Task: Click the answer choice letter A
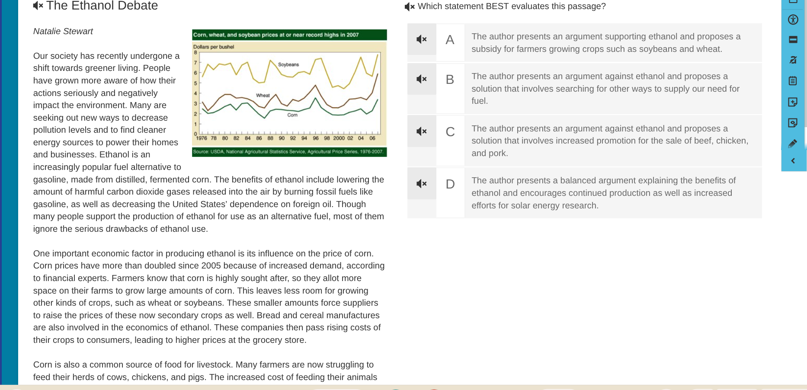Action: point(450,40)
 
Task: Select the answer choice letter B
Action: point(450,80)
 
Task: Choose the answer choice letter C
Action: point(450,132)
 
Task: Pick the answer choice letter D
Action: point(450,184)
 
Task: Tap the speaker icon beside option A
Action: point(422,39)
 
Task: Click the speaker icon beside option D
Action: point(422,184)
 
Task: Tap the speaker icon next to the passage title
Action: point(38,6)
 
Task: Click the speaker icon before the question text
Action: point(410,6)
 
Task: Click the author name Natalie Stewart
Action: point(63,31)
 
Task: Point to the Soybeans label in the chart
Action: point(288,64)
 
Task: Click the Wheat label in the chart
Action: point(263,96)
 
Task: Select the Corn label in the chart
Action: point(292,115)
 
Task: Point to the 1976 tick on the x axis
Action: point(202,138)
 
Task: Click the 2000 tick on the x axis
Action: point(339,138)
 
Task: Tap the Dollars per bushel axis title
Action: point(214,47)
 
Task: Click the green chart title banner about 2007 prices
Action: point(289,35)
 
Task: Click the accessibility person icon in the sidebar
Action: point(793,19)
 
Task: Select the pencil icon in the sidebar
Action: point(793,144)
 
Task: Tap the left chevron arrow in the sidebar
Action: point(793,161)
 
